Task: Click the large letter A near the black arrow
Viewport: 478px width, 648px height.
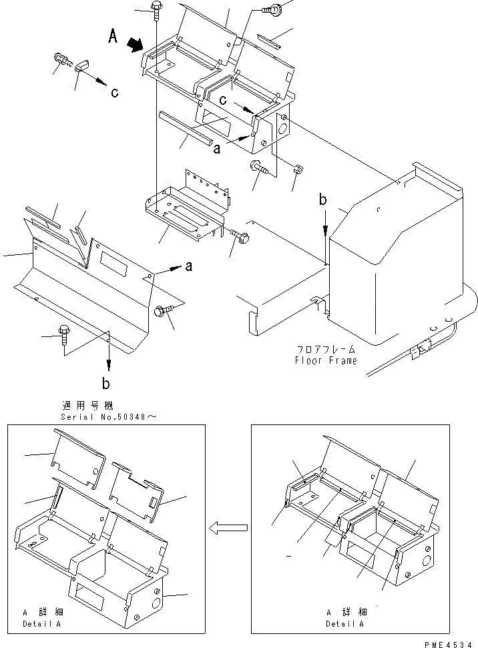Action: [x=114, y=38]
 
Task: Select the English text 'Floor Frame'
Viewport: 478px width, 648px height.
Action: [x=326, y=360]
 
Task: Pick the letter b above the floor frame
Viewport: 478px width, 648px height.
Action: [x=323, y=200]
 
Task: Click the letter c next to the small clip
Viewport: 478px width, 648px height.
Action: [x=115, y=93]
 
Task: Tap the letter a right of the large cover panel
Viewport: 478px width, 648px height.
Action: [x=188, y=267]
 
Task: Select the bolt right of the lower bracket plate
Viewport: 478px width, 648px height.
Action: [x=240, y=235]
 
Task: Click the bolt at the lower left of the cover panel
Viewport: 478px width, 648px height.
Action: [x=65, y=332]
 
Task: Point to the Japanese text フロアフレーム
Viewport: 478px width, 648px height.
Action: [x=326, y=349]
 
